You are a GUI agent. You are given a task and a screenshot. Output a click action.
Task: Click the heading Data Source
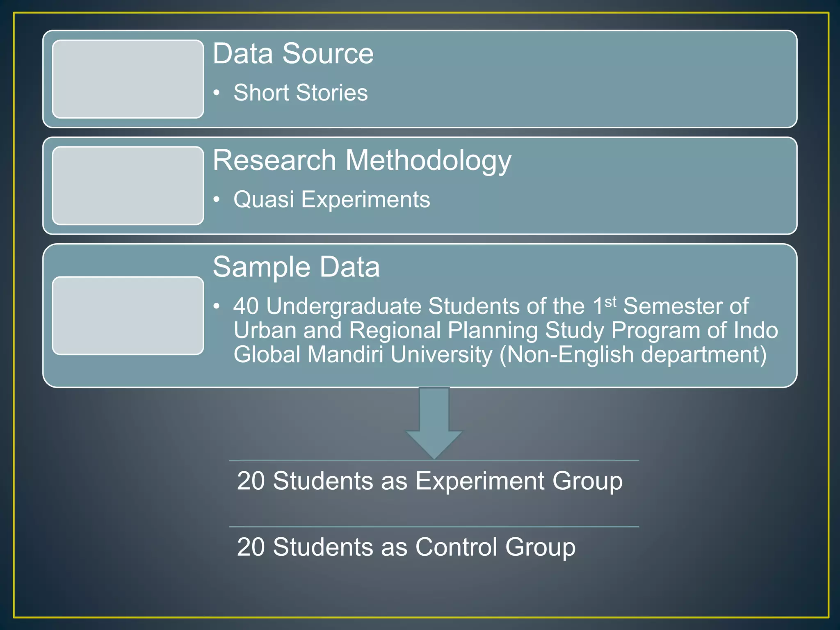tap(293, 54)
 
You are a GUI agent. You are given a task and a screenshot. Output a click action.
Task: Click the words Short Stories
tap(300, 93)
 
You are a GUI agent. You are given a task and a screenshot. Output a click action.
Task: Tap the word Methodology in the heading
tap(428, 161)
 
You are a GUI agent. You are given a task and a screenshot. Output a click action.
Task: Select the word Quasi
tap(263, 200)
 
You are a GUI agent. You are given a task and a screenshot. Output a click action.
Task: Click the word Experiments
tap(365, 200)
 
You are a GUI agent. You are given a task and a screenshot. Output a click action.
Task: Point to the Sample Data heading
tap(296, 267)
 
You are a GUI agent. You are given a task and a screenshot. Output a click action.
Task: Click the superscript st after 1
tap(610, 302)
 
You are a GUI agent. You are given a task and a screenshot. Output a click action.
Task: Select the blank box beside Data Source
tap(128, 79)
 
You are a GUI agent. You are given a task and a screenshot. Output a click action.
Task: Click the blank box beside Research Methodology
tap(128, 186)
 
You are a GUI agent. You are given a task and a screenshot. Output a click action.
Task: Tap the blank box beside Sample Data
tap(128, 315)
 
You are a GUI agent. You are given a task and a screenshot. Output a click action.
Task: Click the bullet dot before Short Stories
tap(217, 93)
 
